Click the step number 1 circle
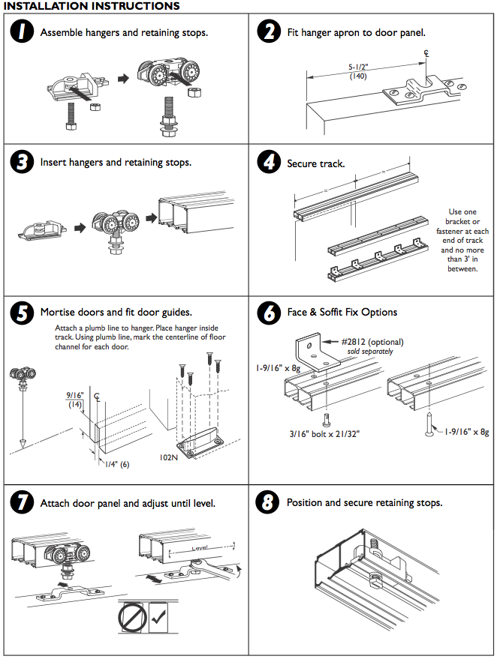[x=23, y=34]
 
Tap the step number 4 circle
[x=268, y=162]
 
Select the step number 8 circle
[x=268, y=502]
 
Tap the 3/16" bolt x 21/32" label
[x=325, y=433]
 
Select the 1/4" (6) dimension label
[x=117, y=464]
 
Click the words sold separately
[x=369, y=351]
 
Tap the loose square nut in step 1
[x=95, y=106]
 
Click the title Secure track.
[x=315, y=163]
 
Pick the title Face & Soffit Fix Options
[x=342, y=312]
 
